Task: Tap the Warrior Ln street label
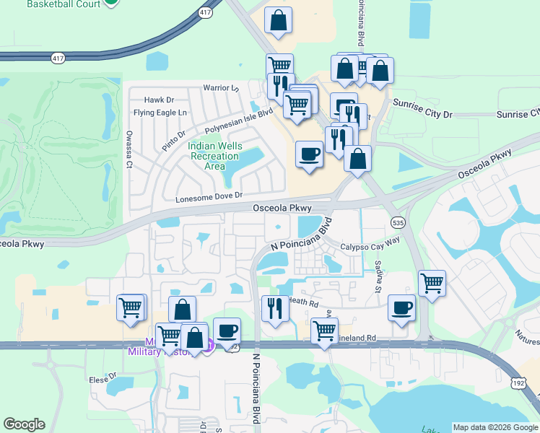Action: [x=220, y=89]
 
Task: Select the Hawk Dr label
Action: [x=160, y=100]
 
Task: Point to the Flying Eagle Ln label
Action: [x=160, y=113]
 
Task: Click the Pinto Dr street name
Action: [x=174, y=136]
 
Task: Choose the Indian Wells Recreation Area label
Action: [x=213, y=155]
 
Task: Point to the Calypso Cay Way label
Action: [x=370, y=245]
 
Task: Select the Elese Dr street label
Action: [x=103, y=377]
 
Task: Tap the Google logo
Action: [x=24, y=424]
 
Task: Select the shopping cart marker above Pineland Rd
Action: [x=324, y=331]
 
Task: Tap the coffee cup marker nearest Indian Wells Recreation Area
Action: [x=310, y=154]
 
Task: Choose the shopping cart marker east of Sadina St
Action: [x=432, y=283]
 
